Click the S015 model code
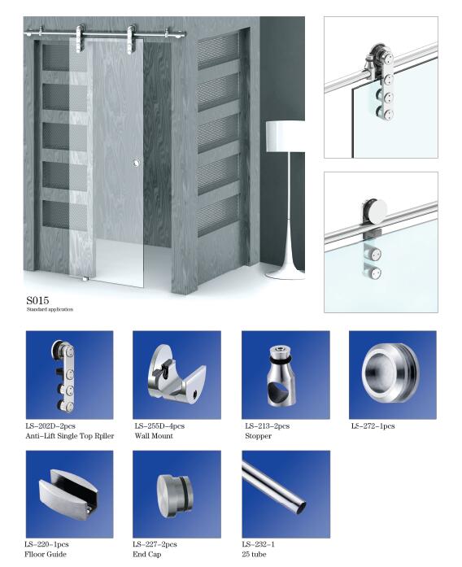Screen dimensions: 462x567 click(x=37, y=300)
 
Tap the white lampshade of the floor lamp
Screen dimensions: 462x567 click(x=285, y=137)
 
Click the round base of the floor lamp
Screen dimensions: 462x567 click(x=285, y=274)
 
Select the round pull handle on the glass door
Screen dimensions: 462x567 click(x=137, y=163)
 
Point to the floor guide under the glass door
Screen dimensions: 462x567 click(x=85, y=279)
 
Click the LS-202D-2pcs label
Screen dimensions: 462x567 click(x=50, y=426)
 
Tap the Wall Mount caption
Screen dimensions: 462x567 click(x=154, y=436)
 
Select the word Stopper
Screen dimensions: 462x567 click(x=258, y=436)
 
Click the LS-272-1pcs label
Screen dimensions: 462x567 click(x=373, y=426)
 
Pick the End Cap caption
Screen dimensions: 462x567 click(x=146, y=554)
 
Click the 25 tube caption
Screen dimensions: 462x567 click(x=254, y=554)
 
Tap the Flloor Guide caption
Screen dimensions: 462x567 click(x=46, y=554)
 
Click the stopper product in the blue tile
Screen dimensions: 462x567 click(x=282, y=376)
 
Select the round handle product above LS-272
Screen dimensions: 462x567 click(x=390, y=373)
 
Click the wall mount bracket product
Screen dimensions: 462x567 click(x=176, y=373)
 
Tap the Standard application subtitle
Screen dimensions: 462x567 click(x=50, y=310)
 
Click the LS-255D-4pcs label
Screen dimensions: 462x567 click(x=159, y=426)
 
